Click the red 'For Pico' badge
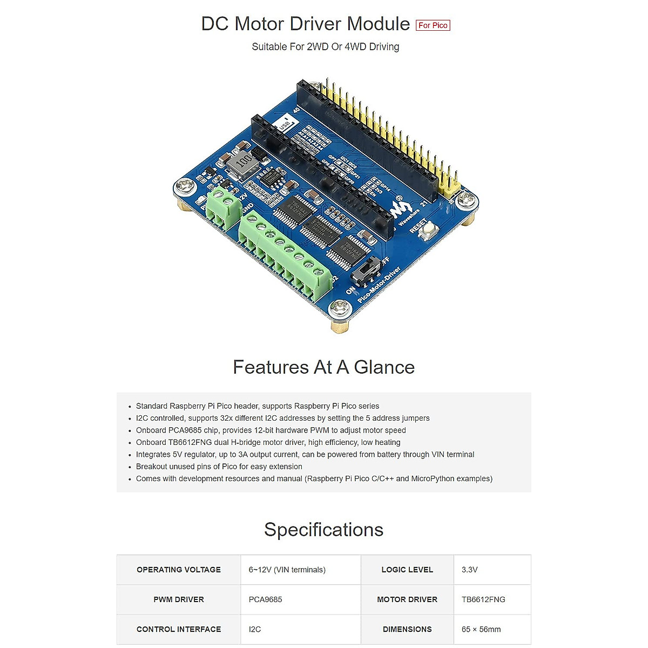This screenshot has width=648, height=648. coord(433,25)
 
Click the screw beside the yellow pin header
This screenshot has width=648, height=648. coord(466,201)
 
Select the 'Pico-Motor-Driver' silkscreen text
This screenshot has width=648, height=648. coord(379,285)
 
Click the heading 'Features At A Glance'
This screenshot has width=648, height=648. coord(323,367)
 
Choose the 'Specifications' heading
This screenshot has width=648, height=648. coord(323,530)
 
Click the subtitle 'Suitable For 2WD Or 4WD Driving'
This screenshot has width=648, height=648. coord(325,47)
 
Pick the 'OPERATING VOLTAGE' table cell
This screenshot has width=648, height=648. coord(179,570)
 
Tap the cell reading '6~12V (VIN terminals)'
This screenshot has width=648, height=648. coord(287,570)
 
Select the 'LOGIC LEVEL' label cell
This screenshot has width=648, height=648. coord(407,570)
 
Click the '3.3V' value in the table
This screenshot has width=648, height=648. coord(470,570)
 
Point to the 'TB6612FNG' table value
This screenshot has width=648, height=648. coord(483,599)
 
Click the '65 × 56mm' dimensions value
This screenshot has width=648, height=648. coord(481,629)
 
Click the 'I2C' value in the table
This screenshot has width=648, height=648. coord(255,629)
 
